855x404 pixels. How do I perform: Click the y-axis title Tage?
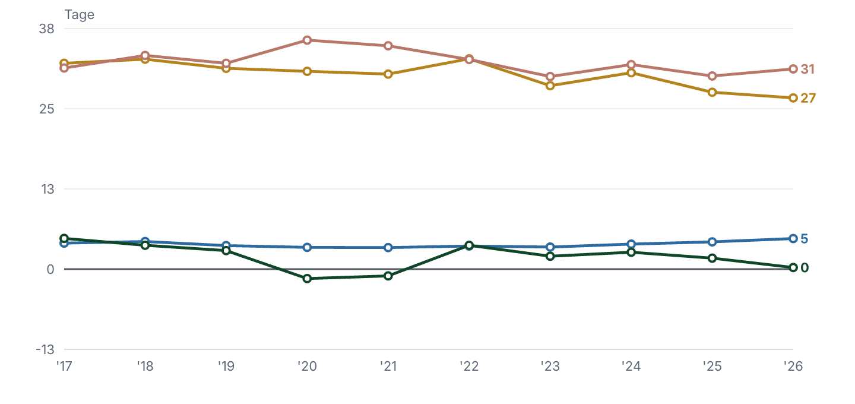79,14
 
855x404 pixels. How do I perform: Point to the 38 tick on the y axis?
46,29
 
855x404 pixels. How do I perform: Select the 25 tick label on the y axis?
47,109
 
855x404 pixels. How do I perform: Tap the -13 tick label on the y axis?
45,349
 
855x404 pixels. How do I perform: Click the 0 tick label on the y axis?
50,269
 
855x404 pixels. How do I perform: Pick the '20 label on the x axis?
308,366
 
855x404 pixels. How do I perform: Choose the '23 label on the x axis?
550,366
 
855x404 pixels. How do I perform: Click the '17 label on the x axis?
64,366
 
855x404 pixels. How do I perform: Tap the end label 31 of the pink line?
807,69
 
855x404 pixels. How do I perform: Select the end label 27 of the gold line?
808,98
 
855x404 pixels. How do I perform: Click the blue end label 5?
804,239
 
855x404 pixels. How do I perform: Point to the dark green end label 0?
805,268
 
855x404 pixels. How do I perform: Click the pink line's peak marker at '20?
308,40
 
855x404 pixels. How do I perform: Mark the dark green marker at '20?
308,279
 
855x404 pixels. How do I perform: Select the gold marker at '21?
388,74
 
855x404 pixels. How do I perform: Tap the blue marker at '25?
712,242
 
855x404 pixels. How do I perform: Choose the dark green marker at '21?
388,276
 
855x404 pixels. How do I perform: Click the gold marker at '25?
712,93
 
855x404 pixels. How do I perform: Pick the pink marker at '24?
631,65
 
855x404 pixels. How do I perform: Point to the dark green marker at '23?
550,256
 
